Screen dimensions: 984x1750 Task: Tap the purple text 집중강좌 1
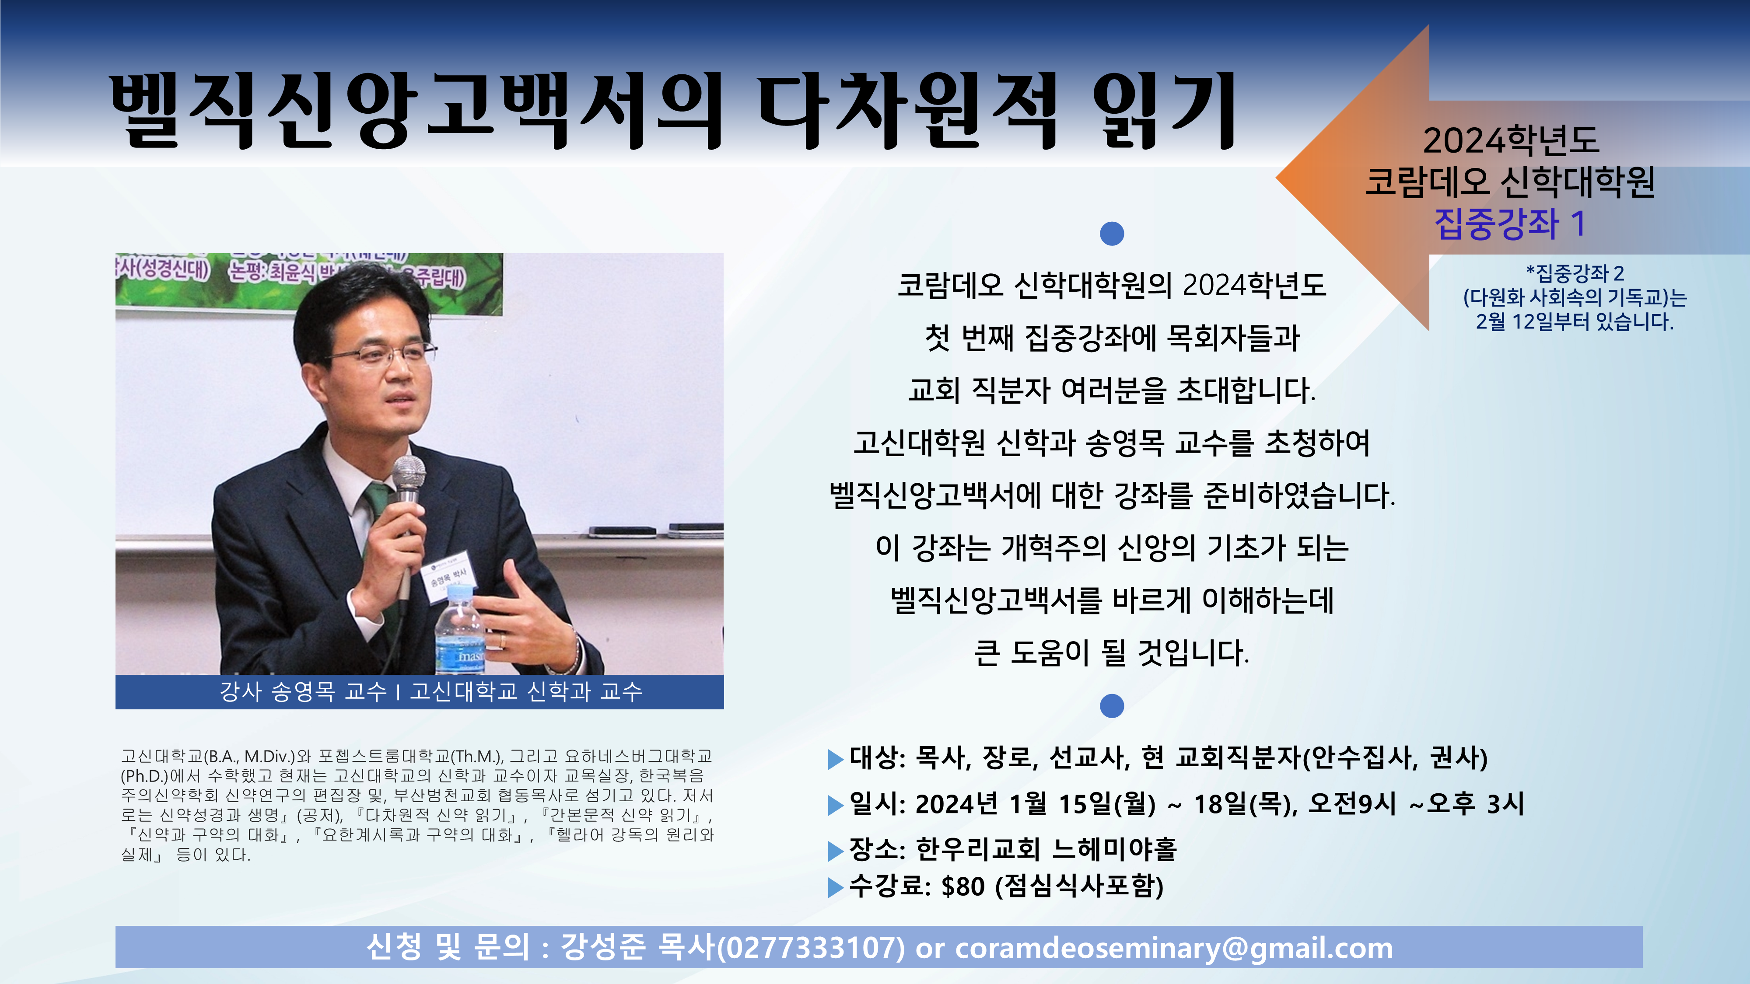1509,223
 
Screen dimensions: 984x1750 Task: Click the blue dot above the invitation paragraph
1111,233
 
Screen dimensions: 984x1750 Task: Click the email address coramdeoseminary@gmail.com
1174,948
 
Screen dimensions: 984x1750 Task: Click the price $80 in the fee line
962,886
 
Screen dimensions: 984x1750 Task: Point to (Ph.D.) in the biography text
144,775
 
